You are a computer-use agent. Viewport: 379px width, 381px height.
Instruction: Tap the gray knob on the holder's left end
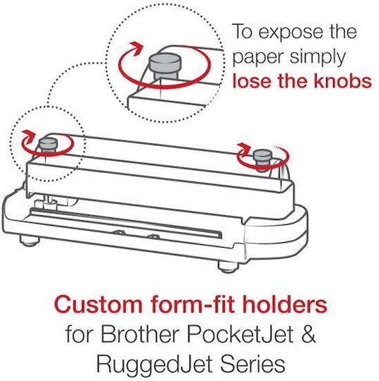click(49, 145)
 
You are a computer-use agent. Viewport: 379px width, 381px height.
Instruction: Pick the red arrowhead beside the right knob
click(245, 147)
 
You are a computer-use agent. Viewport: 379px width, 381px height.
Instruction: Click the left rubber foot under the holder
click(30, 241)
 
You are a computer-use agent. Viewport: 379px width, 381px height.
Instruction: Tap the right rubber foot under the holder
click(228, 267)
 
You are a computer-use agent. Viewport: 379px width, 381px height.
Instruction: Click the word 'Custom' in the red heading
click(98, 305)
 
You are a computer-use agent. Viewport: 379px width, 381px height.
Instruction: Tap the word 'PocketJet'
click(240, 334)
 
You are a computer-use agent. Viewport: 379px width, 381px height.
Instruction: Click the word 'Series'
click(252, 363)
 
